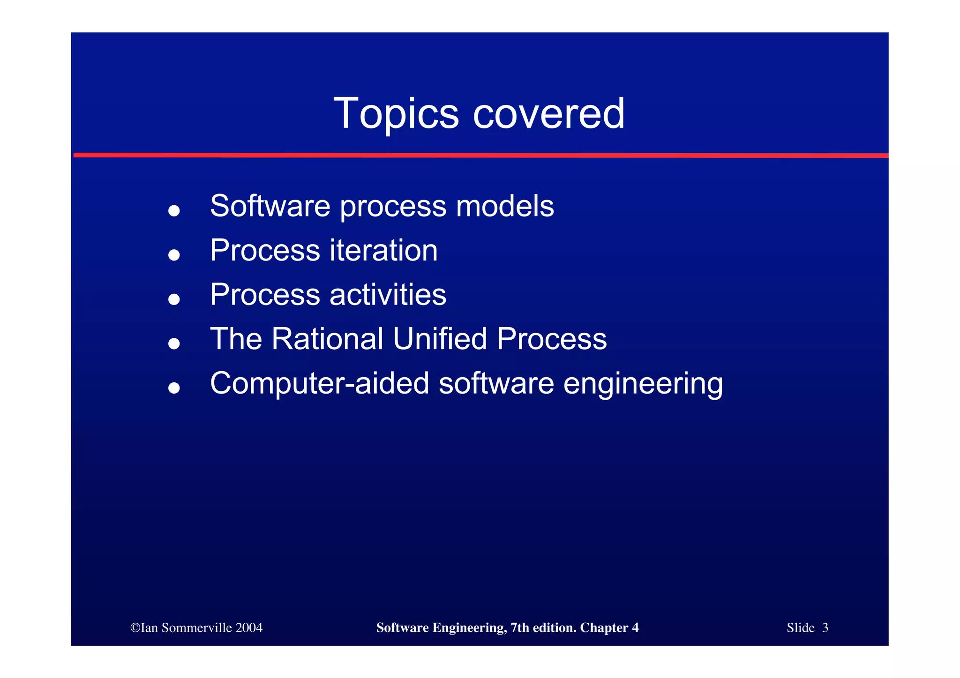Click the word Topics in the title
click(396, 114)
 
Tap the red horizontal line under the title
click(480, 155)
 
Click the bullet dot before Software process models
click(174, 210)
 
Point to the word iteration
click(383, 250)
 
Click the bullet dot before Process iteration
click(174, 255)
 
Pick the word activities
click(388, 295)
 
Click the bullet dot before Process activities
click(174, 299)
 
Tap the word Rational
click(327, 339)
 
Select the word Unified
click(440, 339)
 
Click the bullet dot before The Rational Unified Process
click(174, 343)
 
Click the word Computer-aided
click(319, 383)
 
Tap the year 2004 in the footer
click(249, 628)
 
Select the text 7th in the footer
click(519, 628)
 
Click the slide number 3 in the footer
click(825, 628)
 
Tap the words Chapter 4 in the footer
click(609, 628)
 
